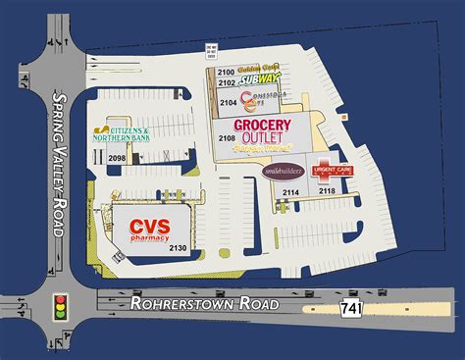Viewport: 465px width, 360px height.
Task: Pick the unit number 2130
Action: (178, 248)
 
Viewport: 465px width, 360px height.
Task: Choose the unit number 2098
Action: (117, 159)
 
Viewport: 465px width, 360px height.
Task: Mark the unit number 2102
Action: (226, 83)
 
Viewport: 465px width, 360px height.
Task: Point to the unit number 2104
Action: (228, 102)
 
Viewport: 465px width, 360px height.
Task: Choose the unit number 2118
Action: (326, 190)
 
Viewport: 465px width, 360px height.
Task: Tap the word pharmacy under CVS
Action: (149, 238)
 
